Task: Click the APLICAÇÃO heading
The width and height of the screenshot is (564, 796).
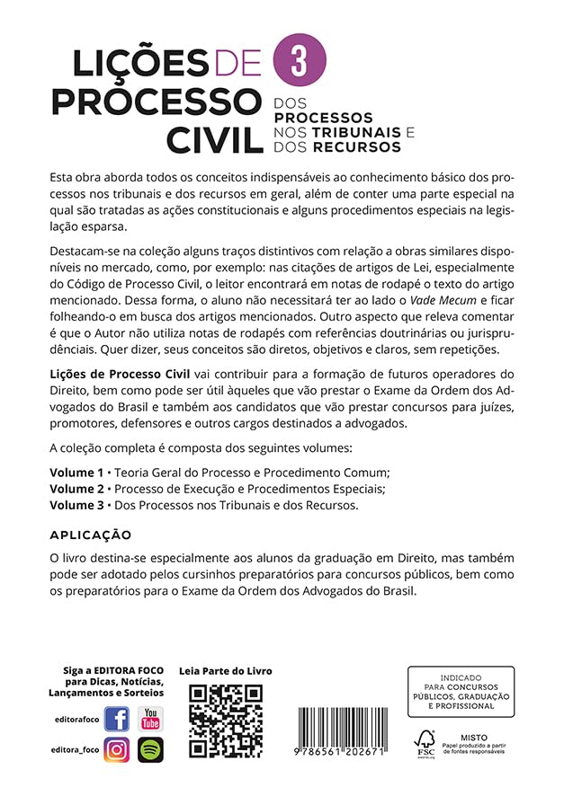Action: coord(91,535)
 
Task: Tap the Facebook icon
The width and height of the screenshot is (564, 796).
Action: coord(117,719)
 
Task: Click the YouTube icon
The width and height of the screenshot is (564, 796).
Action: coord(150,719)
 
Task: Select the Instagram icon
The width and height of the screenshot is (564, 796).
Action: coord(117,749)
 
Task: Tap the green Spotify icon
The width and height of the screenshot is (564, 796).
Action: coord(150,749)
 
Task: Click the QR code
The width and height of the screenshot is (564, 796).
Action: coord(225,721)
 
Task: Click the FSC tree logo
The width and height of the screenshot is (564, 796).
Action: coord(425,742)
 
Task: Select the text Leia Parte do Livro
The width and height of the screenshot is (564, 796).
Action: coord(226,671)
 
